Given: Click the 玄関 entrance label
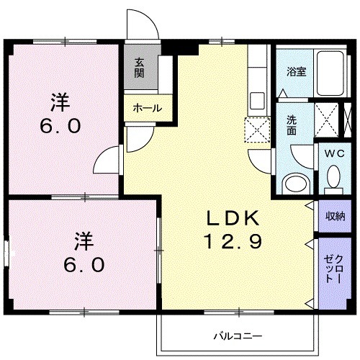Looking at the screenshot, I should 138,68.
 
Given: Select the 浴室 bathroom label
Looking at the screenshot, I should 295,71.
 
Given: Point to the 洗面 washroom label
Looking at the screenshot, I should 292,125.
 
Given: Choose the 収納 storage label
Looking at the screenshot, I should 333,215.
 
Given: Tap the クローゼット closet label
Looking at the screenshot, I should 333,269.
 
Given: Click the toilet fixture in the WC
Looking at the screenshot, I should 333,176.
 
